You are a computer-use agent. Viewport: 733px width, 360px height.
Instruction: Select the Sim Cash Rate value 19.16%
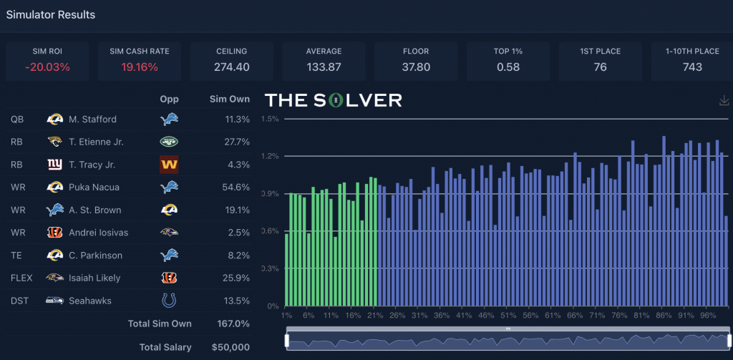pos(140,67)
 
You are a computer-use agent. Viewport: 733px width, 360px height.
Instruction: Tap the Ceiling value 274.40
pos(231,67)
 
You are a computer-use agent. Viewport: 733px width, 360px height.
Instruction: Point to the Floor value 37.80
pos(416,67)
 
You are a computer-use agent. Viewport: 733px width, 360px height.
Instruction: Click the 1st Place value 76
pos(600,67)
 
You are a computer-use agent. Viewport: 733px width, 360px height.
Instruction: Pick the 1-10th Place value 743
pos(691,67)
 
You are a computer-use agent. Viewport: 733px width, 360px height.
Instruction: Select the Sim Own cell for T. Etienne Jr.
pos(236,142)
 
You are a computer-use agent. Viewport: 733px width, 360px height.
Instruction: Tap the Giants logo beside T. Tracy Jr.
pos(54,165)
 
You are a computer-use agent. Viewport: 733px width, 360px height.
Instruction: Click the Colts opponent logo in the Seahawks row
pos(169,301)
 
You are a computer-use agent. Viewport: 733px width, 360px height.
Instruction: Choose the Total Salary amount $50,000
pos(231,347)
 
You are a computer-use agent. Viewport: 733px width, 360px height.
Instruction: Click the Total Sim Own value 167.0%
pos(233,323)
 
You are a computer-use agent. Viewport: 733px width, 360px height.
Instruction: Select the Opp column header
pos(169,99)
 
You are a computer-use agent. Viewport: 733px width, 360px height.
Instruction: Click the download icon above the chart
pos(724,101)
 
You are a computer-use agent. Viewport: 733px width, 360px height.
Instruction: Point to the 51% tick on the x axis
pos(508,315)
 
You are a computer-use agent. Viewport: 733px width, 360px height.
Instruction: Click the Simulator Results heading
pos(51,14)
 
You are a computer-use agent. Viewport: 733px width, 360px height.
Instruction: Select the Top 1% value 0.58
pos(508,67)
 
